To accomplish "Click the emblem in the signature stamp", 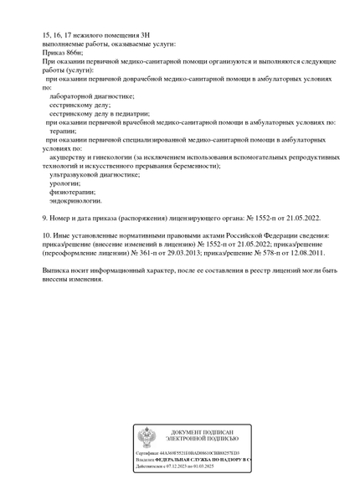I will click(147, 436).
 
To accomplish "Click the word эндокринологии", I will click(75, 201).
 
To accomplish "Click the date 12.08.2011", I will click(306, 252).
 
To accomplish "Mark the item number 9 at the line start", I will click(44, 218).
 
